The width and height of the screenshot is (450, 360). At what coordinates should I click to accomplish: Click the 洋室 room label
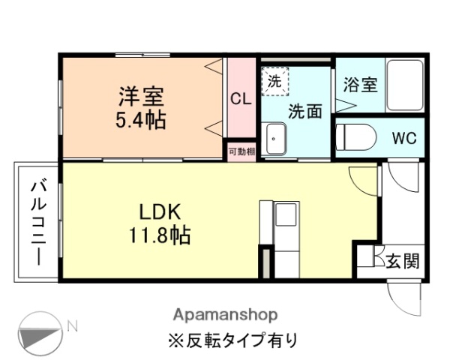(141, 97)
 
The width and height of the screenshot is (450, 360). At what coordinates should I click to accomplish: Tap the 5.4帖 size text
(141, 118)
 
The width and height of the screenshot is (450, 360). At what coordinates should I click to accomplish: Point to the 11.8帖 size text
(158, 235)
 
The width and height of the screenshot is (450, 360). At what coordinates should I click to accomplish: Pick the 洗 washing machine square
(274, 81)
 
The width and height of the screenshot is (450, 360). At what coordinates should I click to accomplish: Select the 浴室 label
(360, 84)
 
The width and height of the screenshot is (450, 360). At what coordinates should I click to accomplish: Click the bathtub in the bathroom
(405, 85)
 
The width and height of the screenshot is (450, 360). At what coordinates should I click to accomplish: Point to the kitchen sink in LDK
(286, 215)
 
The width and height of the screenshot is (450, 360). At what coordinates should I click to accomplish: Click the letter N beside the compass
(73, 325)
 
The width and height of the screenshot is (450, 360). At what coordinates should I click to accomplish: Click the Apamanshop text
(225, 313)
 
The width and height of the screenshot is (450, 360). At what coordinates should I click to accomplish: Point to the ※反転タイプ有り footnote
(232, 339)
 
